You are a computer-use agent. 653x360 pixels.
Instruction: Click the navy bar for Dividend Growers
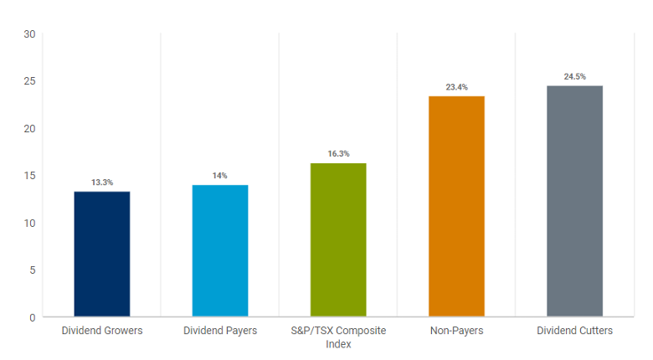click(102, 254)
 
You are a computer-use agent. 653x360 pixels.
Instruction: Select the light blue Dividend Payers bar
click(220, 250)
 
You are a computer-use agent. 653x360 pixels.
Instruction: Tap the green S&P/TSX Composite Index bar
click(338, 239)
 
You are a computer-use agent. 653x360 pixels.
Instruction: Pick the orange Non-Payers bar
click(456, 206)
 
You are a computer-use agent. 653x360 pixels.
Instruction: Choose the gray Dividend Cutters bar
click(574, 201)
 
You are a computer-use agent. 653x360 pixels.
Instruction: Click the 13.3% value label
click(102, 183)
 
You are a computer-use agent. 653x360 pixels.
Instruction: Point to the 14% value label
click(220, 176)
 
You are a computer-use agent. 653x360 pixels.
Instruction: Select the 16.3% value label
click(338, 154)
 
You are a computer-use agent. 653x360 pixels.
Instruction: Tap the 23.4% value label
click(456, 87)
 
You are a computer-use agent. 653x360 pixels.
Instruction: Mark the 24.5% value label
click(574, 77)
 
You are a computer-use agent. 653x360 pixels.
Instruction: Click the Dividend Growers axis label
click(102, 331)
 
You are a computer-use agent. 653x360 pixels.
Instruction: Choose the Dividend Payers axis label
click(220, 331)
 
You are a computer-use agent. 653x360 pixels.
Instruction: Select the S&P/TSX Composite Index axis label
click(338, 337)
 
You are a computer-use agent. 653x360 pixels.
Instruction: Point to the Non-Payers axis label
click(456, 331)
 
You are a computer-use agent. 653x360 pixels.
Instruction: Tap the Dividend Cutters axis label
click(574, 331)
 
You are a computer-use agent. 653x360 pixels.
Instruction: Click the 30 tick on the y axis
click(29, 34)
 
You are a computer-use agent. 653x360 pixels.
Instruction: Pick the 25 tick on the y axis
click(29, 81)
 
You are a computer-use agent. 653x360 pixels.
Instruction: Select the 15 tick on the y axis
click(29, 176)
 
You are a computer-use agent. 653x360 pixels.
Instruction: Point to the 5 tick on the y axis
click(32, 270)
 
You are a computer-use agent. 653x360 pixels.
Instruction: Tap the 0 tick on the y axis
click(32, 317)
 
